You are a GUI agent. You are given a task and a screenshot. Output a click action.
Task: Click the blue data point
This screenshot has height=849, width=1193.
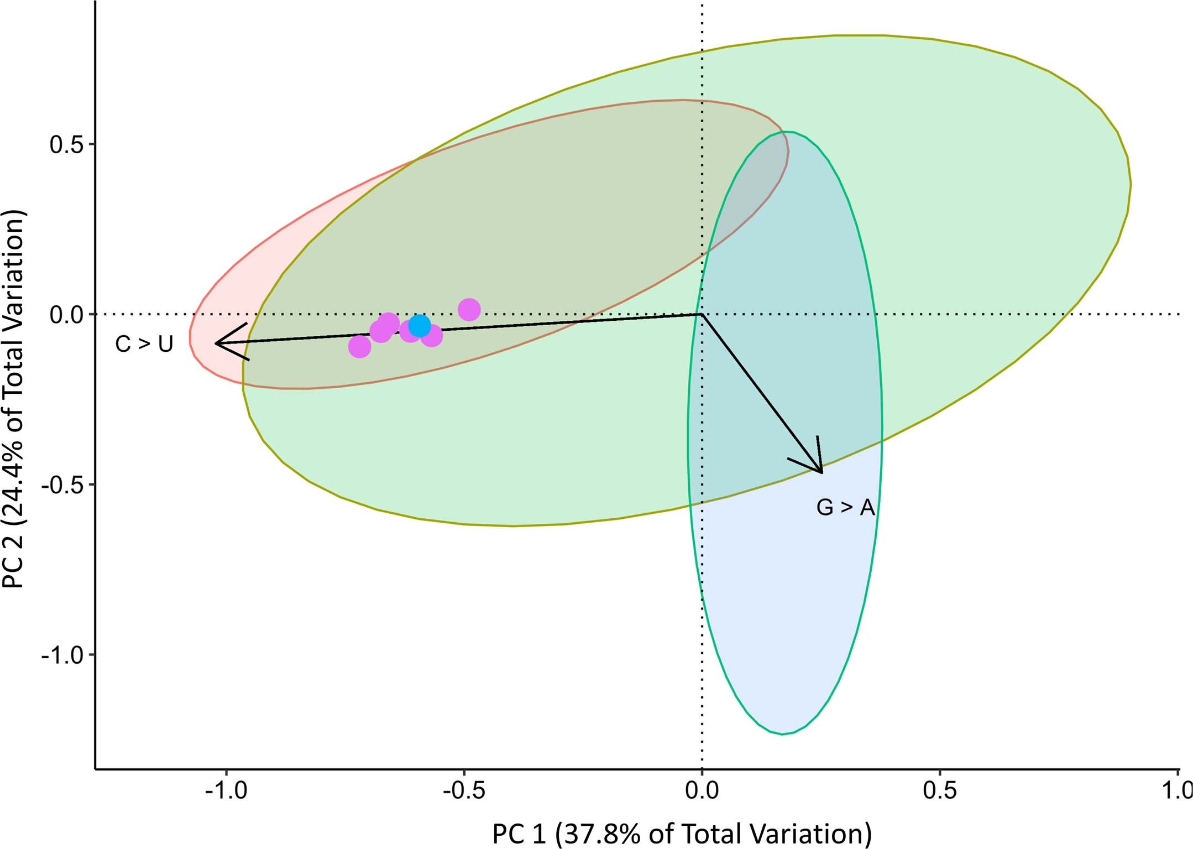[420, 326]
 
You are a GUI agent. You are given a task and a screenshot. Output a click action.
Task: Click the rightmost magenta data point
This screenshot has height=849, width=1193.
[469, 309]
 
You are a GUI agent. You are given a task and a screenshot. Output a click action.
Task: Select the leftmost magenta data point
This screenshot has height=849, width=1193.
[360, 347]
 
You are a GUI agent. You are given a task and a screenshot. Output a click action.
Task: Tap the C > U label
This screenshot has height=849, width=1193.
[144, 344]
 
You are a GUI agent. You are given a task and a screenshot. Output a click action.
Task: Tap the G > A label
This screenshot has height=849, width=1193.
[846, 508]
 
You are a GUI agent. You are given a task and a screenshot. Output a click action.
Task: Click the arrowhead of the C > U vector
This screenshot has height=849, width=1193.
[217, 343]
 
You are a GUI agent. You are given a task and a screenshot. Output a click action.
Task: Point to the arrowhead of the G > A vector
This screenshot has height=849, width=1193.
[822, 472]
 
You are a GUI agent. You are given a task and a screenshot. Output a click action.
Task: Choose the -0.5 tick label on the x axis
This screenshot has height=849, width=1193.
[464, 791]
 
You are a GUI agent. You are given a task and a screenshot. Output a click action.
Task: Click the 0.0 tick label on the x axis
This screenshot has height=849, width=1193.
[702, 791]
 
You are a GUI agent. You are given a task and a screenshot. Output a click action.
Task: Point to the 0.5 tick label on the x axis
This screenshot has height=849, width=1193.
[940, 791]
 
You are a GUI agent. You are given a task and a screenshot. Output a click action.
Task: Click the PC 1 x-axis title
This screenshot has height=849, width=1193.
[682, 834]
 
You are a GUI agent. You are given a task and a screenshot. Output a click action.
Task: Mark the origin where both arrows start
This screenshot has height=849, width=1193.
[702, 314]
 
